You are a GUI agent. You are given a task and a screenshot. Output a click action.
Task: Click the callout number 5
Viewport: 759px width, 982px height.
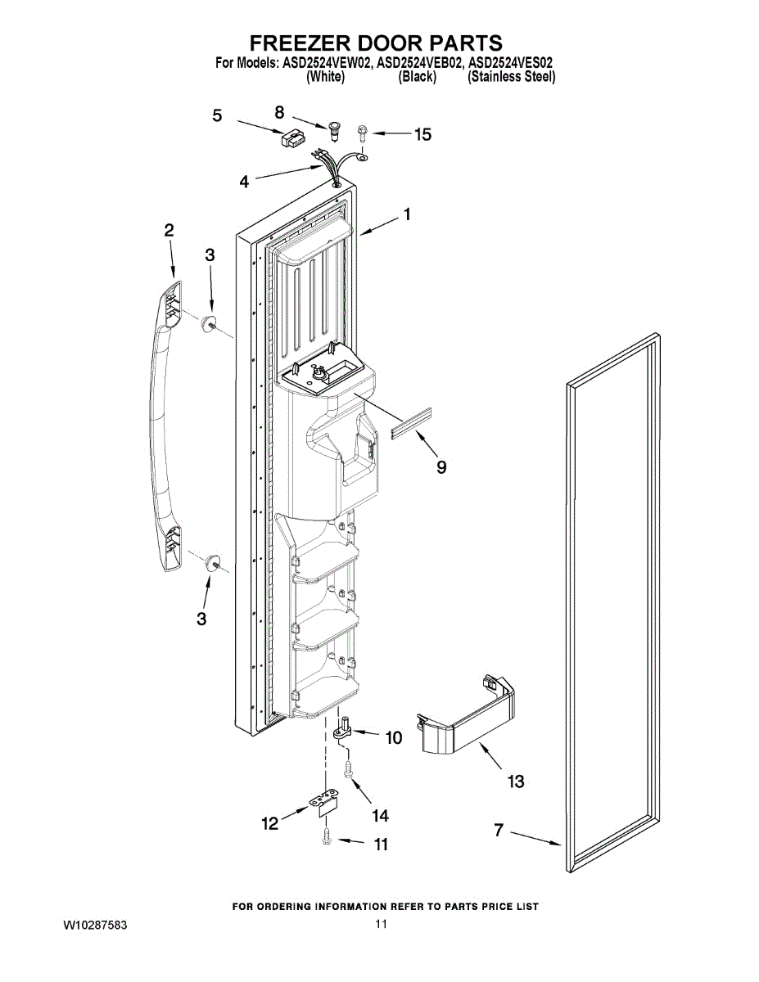[x=217, y=116]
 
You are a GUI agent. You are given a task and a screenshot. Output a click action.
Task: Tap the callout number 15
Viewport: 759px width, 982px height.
[x=422, y=134]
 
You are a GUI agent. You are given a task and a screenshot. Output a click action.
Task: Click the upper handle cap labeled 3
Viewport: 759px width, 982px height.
[x=210, y=322]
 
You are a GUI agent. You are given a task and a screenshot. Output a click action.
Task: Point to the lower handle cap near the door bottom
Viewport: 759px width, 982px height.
[x=214, y=561]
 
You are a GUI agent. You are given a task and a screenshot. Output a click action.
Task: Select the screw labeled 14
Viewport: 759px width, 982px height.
[x=348, y=769]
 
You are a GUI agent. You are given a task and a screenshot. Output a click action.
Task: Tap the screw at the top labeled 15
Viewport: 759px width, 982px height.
[x=362, y=131]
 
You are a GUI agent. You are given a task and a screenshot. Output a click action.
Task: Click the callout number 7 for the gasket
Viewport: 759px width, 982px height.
[x=498, y=831]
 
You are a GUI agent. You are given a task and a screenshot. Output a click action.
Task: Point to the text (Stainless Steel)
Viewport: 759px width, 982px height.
[x=511, y=77]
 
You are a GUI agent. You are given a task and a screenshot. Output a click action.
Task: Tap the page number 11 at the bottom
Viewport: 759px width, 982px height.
[x=381, y=925]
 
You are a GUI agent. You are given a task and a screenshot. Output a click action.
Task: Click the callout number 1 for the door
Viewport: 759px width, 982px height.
[x=406, y=214]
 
